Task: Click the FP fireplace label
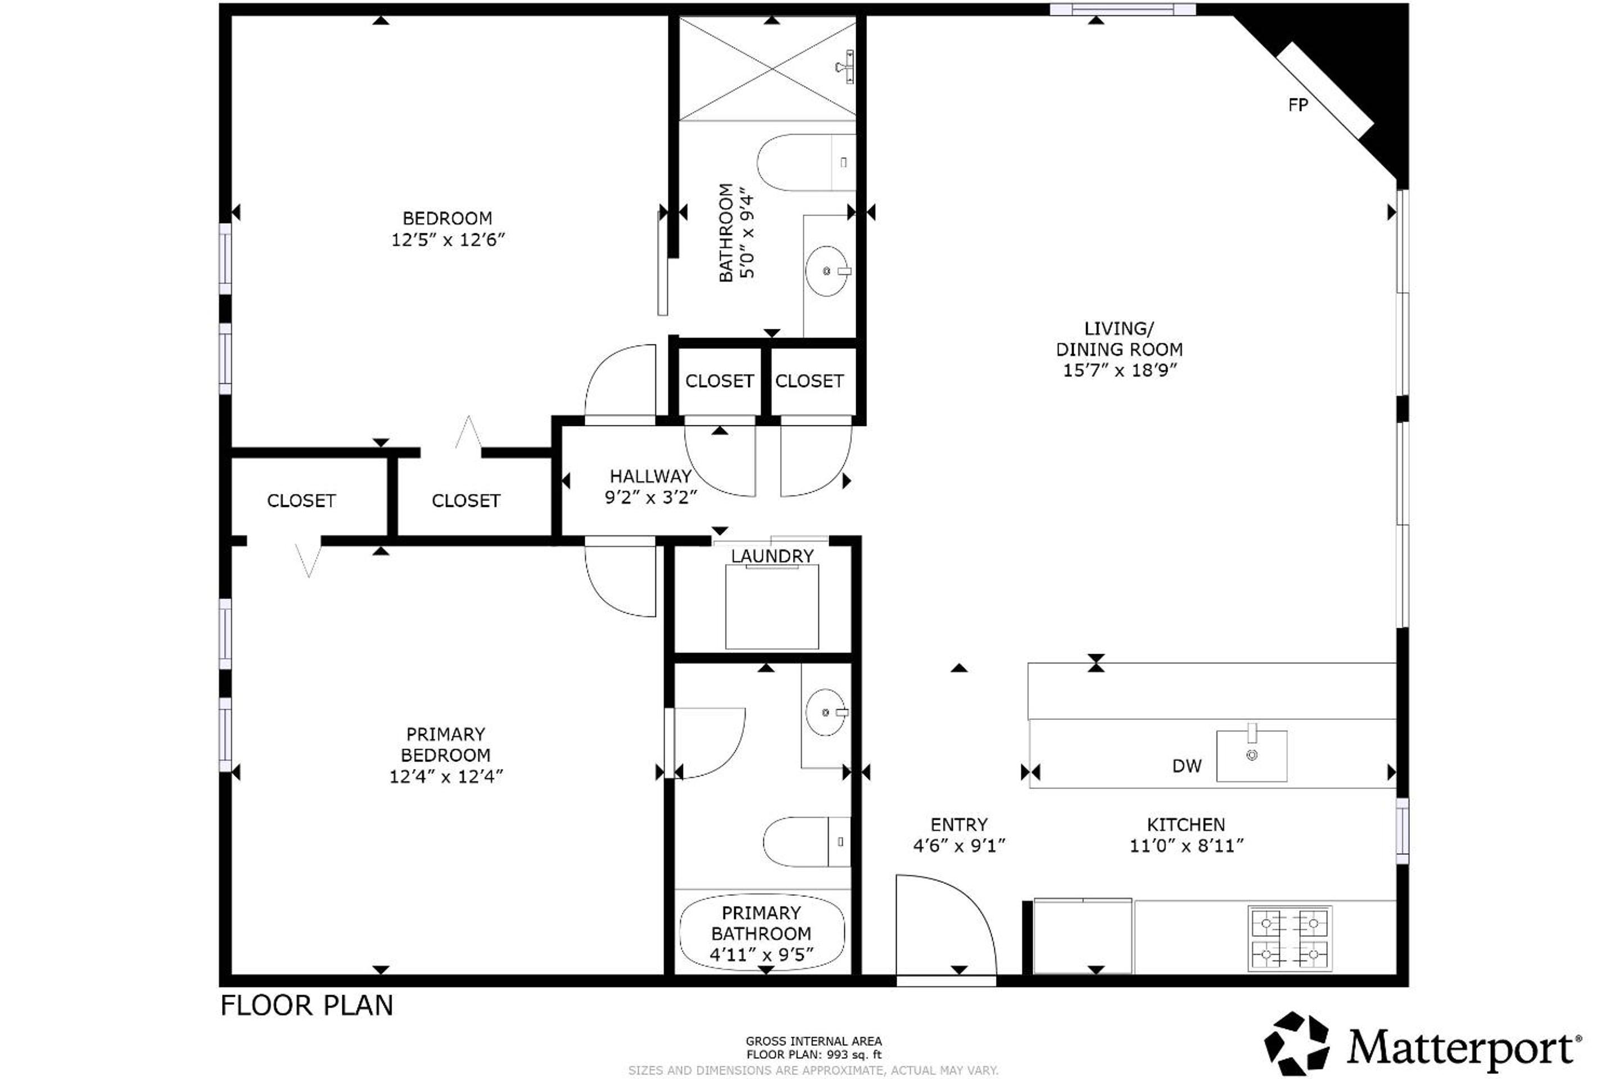click(1297, 105)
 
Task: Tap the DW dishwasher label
click(1187, 766)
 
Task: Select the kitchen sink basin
click(1251, 755)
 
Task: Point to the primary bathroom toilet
click(806, 842)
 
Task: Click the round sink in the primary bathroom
click(825, 712)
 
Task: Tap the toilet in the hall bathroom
click(806, 162)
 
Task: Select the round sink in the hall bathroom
click(827, 271)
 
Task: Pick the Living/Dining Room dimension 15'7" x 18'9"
click(1120, 370)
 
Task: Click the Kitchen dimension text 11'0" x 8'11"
click(1186, 845)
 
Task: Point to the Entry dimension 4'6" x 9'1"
click(959, 845)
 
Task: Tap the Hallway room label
click(650, 476)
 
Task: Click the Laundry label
click(772, 556)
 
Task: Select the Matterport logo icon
click(1297, 1043)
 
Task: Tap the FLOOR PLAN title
click(306, 1005)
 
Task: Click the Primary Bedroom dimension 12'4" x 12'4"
click(446, 776)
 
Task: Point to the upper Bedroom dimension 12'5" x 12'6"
click(448, 239)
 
